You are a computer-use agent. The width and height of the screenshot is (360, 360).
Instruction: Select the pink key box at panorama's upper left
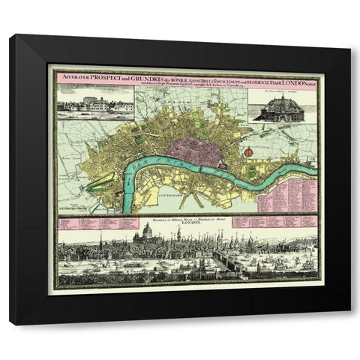[97, 223]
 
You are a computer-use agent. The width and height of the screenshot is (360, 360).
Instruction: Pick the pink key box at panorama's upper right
[274, 223]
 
